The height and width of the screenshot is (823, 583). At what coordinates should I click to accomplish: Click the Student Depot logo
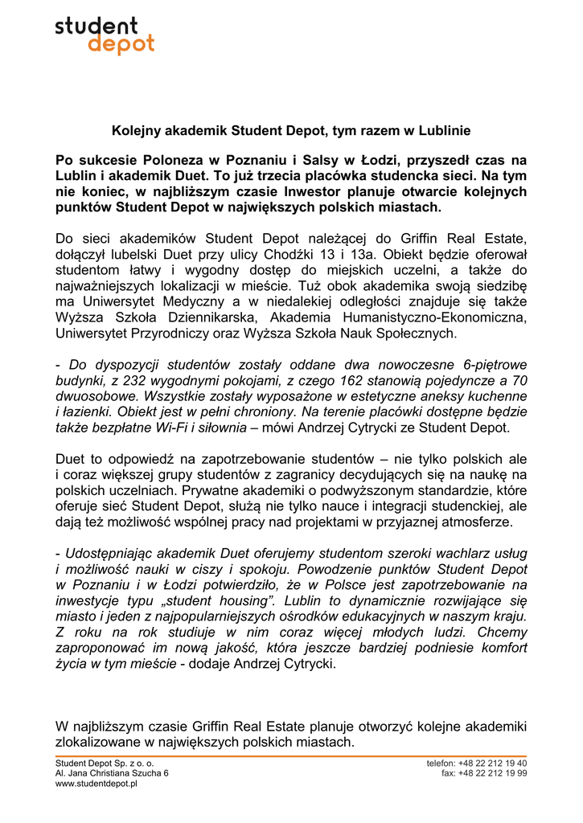pyautogui.click(x=105, y=36)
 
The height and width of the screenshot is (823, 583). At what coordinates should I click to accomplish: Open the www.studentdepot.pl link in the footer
pyautogui.click(x=96, y=784)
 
